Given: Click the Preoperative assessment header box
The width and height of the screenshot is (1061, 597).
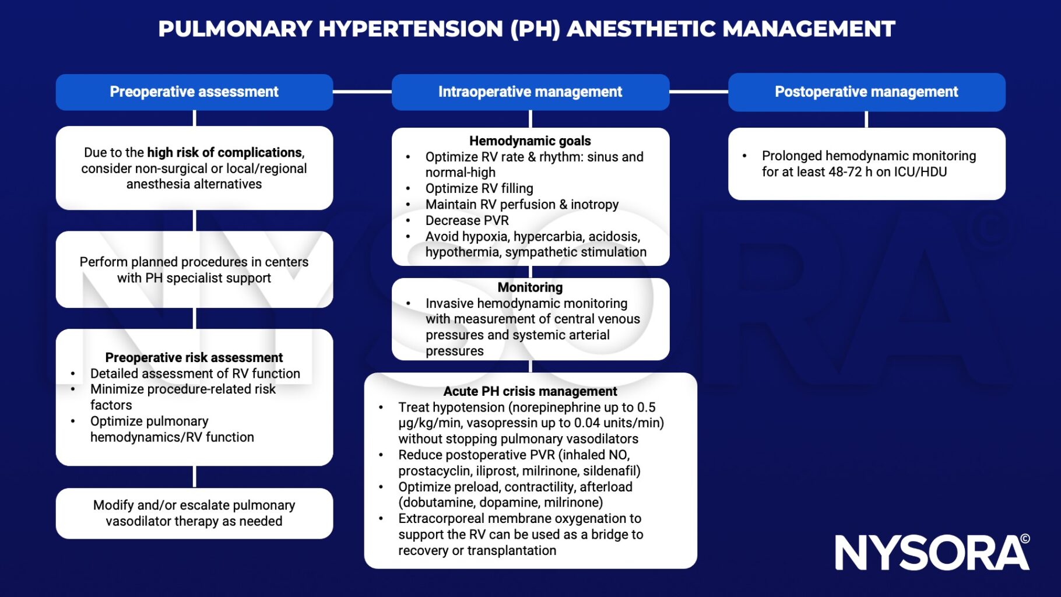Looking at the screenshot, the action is coord(194,92).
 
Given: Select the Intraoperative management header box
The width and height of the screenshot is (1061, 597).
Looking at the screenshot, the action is coord(530,92).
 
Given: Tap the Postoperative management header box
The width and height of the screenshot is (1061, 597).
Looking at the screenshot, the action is coord(867,92).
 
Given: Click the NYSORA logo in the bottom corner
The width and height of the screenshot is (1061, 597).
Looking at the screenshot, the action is coord(932,552).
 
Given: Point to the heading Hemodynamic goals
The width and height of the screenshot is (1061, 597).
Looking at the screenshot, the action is coord(530,141).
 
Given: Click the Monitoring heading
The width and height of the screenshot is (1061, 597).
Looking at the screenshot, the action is coord(530,287).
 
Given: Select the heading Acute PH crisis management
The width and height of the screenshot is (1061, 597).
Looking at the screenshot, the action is coord(530,391).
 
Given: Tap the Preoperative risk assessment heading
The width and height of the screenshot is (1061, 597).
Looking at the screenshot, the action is coord(194,357).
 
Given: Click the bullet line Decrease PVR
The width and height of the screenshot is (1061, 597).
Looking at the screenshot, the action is coord(467,220).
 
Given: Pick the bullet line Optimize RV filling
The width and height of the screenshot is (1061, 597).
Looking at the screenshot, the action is coord(479,188).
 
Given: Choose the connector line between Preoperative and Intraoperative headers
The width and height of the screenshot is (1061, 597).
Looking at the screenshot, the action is coord(362,92).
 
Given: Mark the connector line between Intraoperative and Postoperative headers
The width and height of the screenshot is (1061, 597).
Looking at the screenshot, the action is coord(698,92).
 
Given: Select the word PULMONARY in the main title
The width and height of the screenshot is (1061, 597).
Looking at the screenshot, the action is coord(236,29).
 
